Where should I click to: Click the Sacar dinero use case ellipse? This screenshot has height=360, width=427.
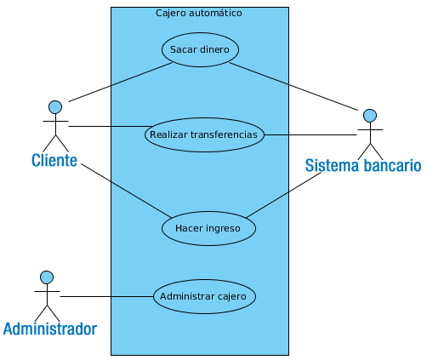pyautogui.click(x=200, y=49)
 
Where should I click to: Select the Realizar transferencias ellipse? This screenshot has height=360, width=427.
pyautogui.click(x=204, y=134)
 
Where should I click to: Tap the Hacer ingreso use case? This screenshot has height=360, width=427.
pyautogui.click(x=208, y=228)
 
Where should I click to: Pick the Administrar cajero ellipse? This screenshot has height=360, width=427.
pyautogui.click(x=204, y=296)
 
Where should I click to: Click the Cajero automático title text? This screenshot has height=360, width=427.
pyautogui.click(x=199, y=13)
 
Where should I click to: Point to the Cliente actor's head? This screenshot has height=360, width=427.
pyautogui.click(x=55, y=107)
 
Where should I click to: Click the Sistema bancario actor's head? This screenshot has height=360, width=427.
pyautogui.click(x=370, y=116)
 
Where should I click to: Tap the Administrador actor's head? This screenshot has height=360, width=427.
pyautogui.click(x=47, y=277)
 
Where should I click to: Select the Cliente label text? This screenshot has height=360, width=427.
pyautogui.click(x=54, y=160)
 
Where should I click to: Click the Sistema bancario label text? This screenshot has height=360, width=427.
pyautogui.click(x=363, y=165)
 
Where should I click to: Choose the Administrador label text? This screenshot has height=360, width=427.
pyautogui.click(x=50, y=329)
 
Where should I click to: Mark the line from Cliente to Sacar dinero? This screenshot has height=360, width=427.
pyautogui.click(x=121, y=82)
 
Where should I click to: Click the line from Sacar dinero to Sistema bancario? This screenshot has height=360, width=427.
pyautogui.click(x=293, y=86)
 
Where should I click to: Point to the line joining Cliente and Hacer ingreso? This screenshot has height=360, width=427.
pyautogui.click(x=127, y=191)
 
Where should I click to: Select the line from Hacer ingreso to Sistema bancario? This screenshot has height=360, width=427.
pyautogui.click(x=283, y=195)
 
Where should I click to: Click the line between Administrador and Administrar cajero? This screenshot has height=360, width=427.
pyautogui.click(x=106, y=297)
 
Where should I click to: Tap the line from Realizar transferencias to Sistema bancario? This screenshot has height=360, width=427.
pyautogui.click(x=310, y=135)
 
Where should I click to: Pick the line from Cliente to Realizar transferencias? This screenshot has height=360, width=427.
pyautogui.click(x=111, y=127)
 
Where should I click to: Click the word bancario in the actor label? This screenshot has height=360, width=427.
pyautogui.click(x=392, y=165)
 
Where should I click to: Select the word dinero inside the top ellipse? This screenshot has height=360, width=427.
pyautogui.click(x=214, y=49)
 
